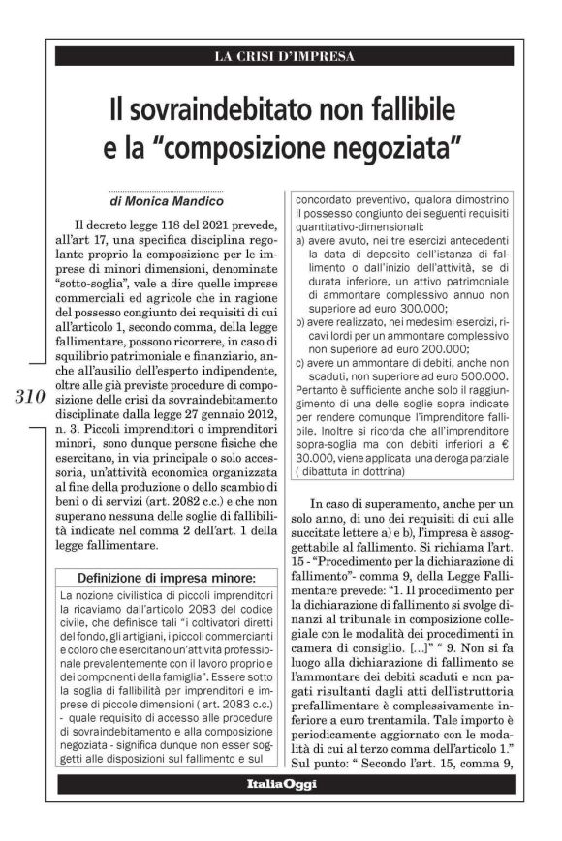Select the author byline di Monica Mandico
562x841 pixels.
[x=169, y=204]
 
